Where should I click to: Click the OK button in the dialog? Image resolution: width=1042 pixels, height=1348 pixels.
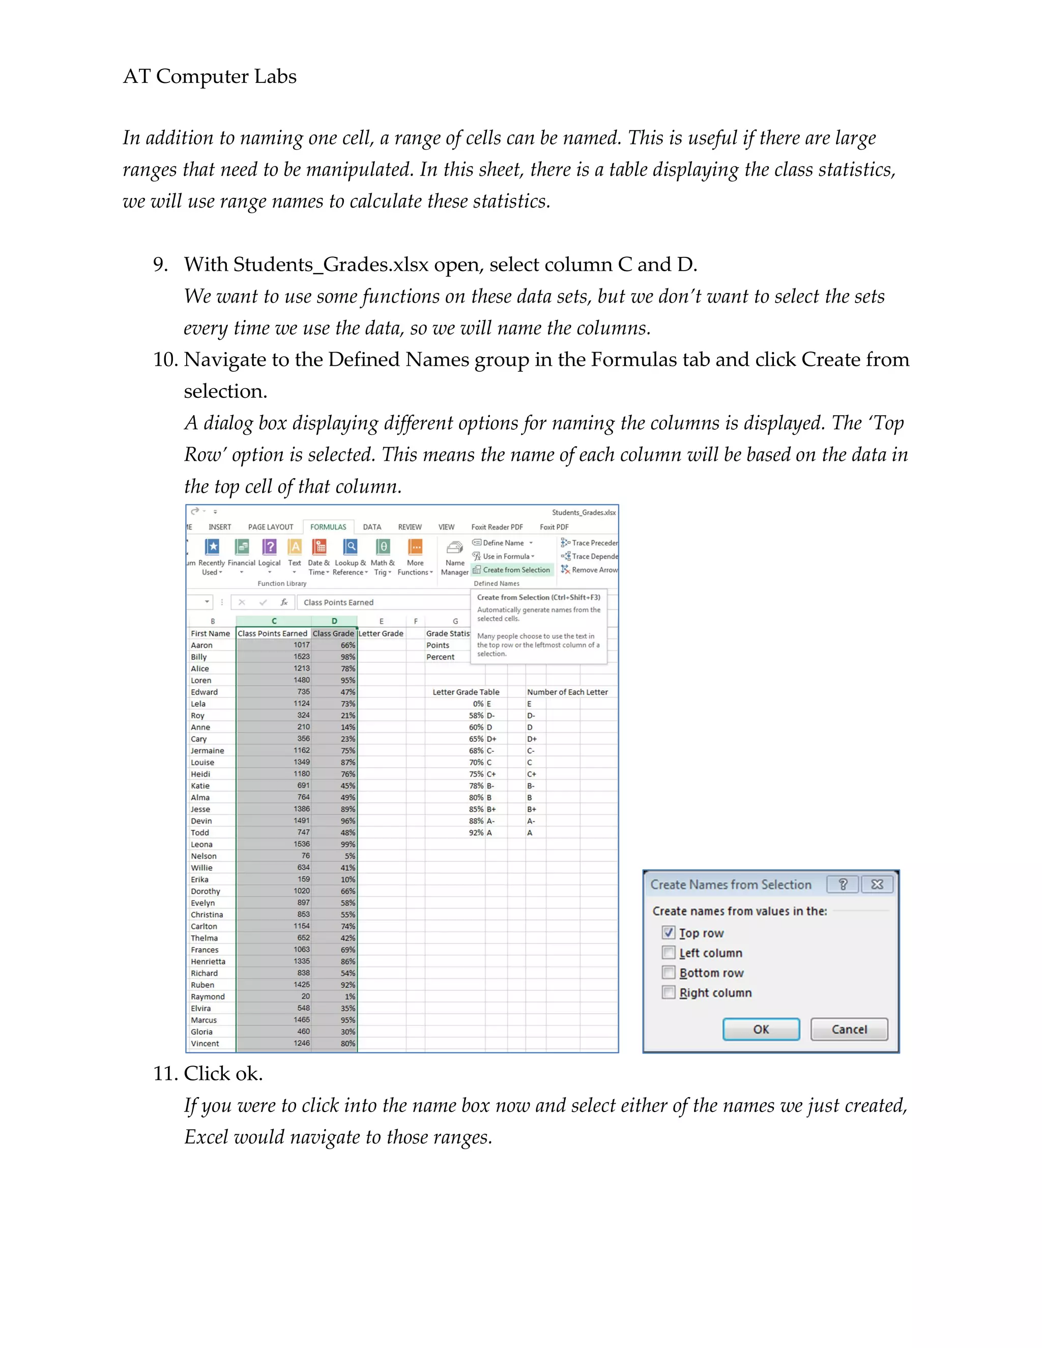[x=761, y=1029]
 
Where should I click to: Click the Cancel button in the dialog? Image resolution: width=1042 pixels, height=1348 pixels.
[x=849, y=1029]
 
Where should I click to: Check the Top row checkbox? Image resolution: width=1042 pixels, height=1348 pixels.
[x=669, y=932]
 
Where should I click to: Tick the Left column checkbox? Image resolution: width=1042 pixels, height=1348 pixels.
[x=669, y=952]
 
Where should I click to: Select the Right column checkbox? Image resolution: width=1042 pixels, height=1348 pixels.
[x=669, y=992]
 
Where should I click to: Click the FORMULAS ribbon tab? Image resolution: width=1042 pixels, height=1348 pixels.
[x=328, y=527]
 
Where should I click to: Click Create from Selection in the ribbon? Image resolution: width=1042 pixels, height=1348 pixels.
[x=515, y=570]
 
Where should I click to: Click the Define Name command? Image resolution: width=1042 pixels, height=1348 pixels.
[x=503, y=543]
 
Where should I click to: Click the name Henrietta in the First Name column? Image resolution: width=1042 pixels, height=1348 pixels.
[x=208, y=961]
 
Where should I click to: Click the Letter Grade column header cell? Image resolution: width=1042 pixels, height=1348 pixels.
[x=381, y=633]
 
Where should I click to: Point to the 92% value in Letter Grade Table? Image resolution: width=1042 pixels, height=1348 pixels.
[x=475, y=833]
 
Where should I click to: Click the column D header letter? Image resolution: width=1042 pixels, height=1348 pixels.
[x=334, y=621]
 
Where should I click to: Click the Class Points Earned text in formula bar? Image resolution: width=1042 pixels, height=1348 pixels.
[x=338, y=602]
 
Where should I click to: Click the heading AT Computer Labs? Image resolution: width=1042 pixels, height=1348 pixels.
[x=210, y=76]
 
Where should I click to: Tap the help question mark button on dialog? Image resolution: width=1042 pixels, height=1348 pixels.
[x=843, y=885]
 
